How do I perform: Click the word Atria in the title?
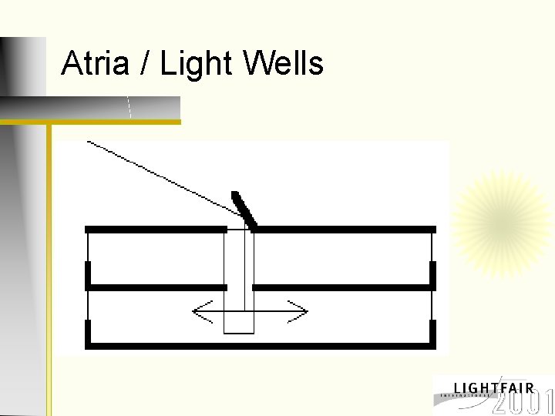click(95, 64)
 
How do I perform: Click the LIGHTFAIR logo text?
click(493, 387)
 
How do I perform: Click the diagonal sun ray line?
click(162, 176)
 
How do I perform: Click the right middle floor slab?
click(342, 287)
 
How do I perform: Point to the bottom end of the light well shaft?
click(239, 331)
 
